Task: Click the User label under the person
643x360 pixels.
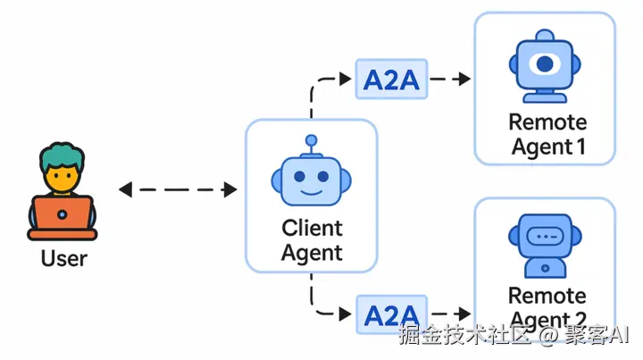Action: [63, 259]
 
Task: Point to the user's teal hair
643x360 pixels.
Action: [62, 157]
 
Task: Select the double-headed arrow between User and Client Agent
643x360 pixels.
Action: [178, 189]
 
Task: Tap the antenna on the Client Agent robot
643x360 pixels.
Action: [311, 143]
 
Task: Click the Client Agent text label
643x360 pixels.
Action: [312, 240]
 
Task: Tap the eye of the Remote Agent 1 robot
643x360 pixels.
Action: [545, 64]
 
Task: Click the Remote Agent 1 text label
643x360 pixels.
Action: [547, 134]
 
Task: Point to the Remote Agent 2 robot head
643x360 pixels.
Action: [545, 237]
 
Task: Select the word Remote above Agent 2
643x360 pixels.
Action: [547, 296]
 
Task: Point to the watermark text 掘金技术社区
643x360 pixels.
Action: [465, 337]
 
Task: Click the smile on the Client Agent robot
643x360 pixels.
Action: [311, 191]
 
